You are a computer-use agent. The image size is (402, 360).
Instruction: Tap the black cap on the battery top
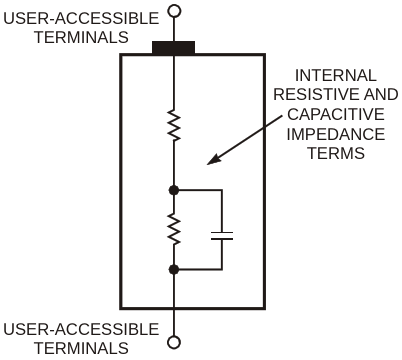pyautogui.click(x=173, y=48)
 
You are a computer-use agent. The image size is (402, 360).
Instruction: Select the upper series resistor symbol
pyautogui.click(x=174, y=124)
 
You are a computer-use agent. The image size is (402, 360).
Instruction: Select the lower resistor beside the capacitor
pyautogui.click(x=174, y=229)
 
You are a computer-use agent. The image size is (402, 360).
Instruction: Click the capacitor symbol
pyautogui.click(x=222, y=236)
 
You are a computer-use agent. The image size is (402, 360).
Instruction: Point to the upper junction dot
pyautogui.click(x=174, y=190)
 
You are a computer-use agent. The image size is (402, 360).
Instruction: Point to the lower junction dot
pyautogui.click(x=174, y=269)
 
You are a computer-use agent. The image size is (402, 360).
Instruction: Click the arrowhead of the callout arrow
pyautogui.click(x=214, y=159)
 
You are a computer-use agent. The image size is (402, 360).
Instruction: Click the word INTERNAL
pyautogui.click(x=336, y=75)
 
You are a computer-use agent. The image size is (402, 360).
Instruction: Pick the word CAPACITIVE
pyautogui.click(x=336, y=114)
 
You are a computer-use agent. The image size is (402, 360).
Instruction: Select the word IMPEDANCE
pyautogui.click(x=336, y=134)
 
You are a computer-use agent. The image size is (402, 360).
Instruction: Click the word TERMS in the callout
pyautogui.click(x=336, y=153)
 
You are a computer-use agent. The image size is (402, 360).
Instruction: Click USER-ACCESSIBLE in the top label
pyautogui.click(x=81, y=18)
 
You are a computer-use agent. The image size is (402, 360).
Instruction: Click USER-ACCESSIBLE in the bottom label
pyautogui.click(x=81, y=329)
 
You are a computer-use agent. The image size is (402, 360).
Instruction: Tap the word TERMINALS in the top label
pyautogui.click(x=81, y=37)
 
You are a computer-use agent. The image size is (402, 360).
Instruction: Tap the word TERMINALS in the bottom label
pyautogui.click(x=81, y=348)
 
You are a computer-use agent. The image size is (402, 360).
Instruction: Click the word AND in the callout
pyautogui.click(x=381, y=94)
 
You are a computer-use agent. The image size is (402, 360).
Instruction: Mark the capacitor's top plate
pyautogui.click(x=222, y=232)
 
